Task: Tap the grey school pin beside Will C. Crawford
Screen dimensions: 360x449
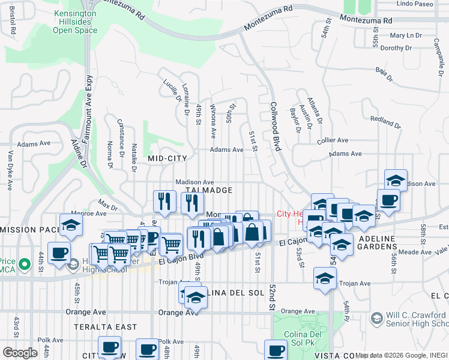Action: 377,317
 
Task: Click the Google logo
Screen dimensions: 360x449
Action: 20,352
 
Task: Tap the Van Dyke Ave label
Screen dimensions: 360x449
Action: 11,170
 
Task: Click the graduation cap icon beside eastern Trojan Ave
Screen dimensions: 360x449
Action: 325,279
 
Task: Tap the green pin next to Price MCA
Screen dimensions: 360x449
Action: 24,263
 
